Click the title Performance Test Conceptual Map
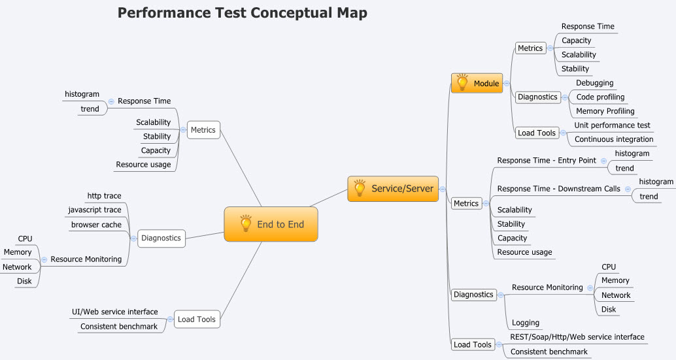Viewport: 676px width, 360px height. pyautogui.click(x=242, y=13)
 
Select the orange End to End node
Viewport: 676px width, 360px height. pyautogui.click(x=271, y=224)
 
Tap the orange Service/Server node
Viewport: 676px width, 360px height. pyautogui.click(x=393, y=189)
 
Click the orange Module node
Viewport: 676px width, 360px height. pyautogui.click(x=477, y=84)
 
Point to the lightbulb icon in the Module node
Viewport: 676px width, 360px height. pyautogui.click(x=462, y=83)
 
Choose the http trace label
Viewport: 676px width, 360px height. pyautogui.click(x=104, y=196)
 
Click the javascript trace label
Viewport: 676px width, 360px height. pyautogui.click(x=95, y=210)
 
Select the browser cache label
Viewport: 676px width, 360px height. pyautogui.click(x=96, y=225)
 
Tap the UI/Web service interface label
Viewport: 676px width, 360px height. pyautogui.click(x=114, y=312)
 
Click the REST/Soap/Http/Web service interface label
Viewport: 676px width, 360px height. pyautogui.click(x=577, y=337)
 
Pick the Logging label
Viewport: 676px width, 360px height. pyautogui.click(x=526, y=323)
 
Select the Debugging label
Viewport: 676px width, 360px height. pyautogui.click(x=594, y=83)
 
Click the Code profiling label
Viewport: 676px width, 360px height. pyautogui.click(x=600, y=97)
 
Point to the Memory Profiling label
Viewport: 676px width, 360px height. pyautogui.click(x=605, y=111)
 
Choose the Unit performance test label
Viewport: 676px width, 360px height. pyautogui.click(x=612, y=125)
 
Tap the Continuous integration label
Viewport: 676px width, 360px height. pyautogui.click(x=613, y=139)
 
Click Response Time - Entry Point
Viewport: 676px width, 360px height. pyautogui.click(x=547, y=161)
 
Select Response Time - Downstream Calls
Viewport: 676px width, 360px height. pyautogui.click(x=558, y=189)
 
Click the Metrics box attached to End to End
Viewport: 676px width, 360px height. pyautogui.click(x=203, y=130)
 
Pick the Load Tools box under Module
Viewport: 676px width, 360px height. pyautogui.click(x=536, y=133)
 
